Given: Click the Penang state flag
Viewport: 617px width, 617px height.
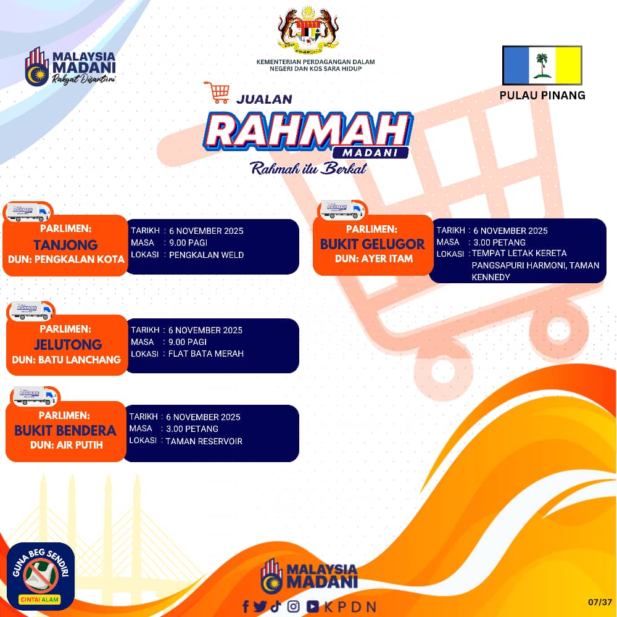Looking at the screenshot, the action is coord(542,65).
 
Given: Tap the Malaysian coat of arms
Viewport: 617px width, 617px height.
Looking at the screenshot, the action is coord(308,30).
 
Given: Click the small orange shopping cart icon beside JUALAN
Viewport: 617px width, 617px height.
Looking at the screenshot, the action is coord(217,93).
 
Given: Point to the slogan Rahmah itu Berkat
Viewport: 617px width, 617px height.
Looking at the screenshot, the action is coord(308,168).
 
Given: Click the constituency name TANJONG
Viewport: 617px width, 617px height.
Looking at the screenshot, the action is coord(65,245).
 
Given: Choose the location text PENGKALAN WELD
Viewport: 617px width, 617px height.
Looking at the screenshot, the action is coord(206,255).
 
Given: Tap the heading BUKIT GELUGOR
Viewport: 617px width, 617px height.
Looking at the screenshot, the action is coord(372,244).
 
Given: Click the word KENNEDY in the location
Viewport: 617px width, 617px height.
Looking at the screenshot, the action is coord(491,278).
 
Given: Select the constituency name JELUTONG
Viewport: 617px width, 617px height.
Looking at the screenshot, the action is coord(68,345).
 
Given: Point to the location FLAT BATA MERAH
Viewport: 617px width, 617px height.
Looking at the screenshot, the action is coord(206,354).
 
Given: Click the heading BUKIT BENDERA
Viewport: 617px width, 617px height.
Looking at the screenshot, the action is coord(65,431).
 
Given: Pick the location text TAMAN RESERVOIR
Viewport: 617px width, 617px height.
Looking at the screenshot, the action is coord(204,442).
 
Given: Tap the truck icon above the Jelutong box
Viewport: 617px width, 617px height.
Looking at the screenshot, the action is coord(31,311).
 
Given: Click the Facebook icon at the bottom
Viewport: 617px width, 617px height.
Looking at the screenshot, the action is coord(246,607).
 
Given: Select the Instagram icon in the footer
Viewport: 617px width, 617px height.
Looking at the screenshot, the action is coord(293,607).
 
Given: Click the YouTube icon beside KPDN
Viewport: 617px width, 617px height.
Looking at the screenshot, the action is coord(313,607).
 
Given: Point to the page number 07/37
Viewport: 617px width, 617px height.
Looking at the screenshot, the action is coord(600,602).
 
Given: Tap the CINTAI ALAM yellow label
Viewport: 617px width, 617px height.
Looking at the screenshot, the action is coord(39,600).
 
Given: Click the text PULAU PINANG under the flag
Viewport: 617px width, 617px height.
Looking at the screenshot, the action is coord(542,95).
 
